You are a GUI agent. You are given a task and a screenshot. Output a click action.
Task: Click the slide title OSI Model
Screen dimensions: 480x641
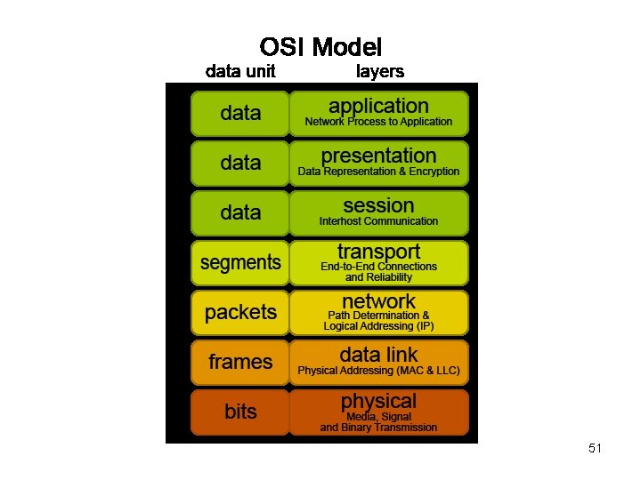pos(320,46)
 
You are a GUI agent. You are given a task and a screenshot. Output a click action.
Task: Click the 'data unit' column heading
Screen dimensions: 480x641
pos(240,71)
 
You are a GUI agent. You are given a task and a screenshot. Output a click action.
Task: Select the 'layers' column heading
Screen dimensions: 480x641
pos(380,71)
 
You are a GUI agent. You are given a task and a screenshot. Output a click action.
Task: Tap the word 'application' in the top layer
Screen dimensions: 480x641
pos(378,106)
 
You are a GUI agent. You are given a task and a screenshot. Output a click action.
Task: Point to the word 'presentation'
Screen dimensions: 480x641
pos(378,156)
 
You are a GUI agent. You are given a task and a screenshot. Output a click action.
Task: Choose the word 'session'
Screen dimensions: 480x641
pos(378,205)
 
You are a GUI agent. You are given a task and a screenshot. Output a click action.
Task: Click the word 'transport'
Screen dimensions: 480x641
pos(378,252)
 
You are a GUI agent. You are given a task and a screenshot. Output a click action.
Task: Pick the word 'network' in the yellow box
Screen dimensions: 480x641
pos(378,301)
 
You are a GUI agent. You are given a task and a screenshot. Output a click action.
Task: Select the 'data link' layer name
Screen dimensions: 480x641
pos(378,355)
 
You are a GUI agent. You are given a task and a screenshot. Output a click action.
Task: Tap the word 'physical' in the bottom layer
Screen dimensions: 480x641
pos(378,401)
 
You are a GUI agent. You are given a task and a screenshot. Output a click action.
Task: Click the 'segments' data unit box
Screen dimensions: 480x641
pos(240,262)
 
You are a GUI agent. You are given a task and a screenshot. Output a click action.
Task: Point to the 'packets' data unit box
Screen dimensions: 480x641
pos(240,312)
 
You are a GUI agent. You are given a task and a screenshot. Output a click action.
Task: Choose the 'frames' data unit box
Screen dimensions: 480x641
pos(240,362)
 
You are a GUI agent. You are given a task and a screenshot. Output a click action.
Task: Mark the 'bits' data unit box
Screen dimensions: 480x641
pos(240,412)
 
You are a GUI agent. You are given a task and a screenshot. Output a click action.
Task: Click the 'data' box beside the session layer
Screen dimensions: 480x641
pos(240,212)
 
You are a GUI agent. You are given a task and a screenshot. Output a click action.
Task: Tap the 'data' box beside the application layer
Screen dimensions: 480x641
pos(240,113)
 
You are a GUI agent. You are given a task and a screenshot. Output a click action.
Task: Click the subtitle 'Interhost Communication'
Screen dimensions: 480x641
pos(378,221)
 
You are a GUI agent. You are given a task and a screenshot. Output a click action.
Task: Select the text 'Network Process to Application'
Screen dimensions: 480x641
pos(378,122)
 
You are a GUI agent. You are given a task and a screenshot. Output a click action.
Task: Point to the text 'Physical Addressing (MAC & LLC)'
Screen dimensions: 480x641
pos(378,371)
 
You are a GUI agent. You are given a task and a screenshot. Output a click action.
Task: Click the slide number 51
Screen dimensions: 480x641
pos(595,449)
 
